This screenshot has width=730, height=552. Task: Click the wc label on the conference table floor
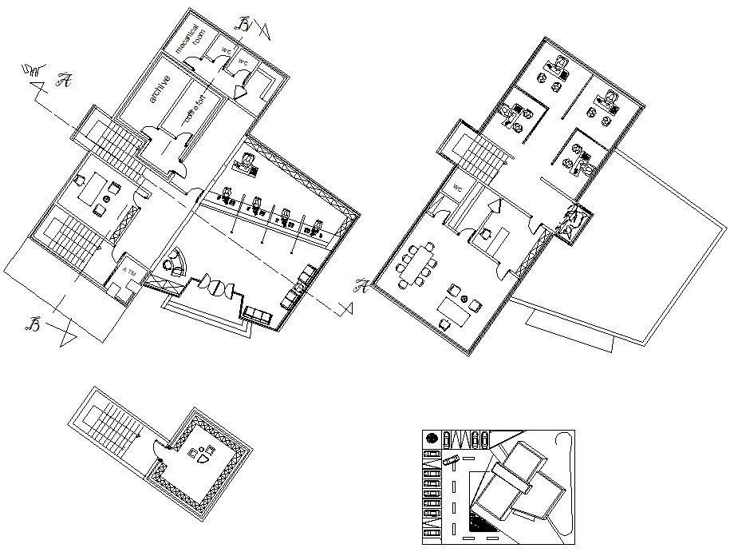(458, 187)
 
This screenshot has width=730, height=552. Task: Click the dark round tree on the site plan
(432, 439)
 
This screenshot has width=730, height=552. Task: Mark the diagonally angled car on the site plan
(451, 461)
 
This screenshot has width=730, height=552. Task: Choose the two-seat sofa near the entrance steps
(257, 314)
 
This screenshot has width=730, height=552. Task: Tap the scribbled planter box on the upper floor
(573, 224)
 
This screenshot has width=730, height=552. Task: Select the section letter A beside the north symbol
(64, 80)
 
